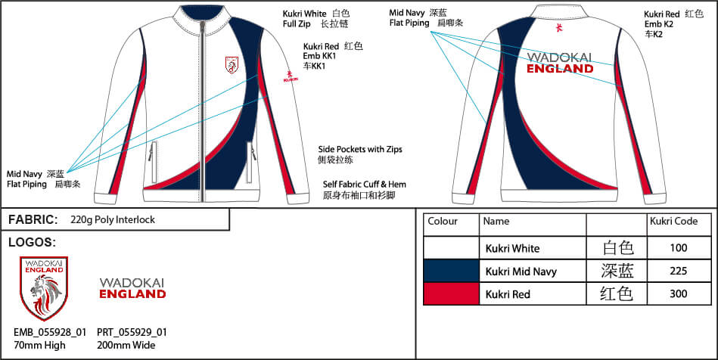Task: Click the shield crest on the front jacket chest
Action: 233,66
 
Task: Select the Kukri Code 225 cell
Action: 673,271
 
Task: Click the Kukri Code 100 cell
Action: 673,247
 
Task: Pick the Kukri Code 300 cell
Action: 673,293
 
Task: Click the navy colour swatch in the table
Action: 452,271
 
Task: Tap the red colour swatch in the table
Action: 452,293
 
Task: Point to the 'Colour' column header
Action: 443,222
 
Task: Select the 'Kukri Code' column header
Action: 673,222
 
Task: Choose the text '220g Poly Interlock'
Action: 112,220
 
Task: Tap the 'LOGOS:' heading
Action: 32,243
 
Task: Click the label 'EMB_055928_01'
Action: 50,332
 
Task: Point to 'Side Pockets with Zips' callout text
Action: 359,150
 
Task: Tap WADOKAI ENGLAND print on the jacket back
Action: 560,63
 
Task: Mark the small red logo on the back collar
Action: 559,28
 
